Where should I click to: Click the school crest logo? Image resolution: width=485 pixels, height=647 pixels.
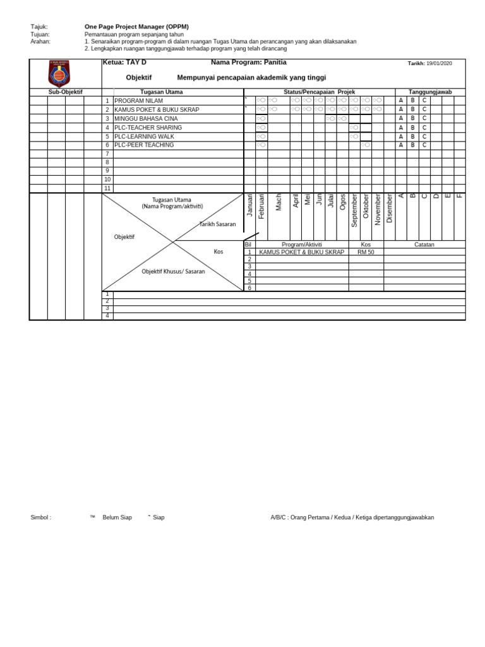coord(59,73)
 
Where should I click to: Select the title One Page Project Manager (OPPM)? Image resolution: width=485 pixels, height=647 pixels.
coord(136,27)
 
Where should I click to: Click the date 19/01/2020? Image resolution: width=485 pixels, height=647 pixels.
coord(439,64)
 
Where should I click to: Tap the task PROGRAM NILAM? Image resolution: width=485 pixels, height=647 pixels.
coord(138,101)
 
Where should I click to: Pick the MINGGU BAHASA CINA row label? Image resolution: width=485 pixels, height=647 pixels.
coord(146,119)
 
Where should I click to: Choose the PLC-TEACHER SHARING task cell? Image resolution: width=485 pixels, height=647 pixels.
coord(148,128)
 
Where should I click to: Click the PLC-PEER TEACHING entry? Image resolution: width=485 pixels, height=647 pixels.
coord(144,145)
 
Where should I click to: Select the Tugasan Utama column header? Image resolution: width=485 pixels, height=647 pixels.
coord(162,92)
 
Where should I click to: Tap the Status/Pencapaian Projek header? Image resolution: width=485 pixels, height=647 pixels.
coord(319,92)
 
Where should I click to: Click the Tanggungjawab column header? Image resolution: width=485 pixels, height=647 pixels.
coord(430,92)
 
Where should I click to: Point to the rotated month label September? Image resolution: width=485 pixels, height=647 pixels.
coord(354,210)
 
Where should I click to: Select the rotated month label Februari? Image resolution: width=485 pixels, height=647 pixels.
coord(262,207)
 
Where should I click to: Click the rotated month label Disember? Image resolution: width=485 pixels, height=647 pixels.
coord(389,208)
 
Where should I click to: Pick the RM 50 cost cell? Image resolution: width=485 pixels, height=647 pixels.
coord(366,252)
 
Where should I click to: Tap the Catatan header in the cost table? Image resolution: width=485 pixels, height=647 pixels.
coord(424,245)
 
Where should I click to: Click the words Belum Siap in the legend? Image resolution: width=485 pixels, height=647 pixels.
coord(117,517)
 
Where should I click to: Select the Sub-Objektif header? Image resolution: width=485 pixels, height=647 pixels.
coord(66,92)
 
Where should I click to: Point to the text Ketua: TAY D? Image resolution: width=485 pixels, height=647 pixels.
coord(124,63)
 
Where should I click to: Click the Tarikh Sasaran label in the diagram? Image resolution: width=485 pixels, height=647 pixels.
coord(217,224)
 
